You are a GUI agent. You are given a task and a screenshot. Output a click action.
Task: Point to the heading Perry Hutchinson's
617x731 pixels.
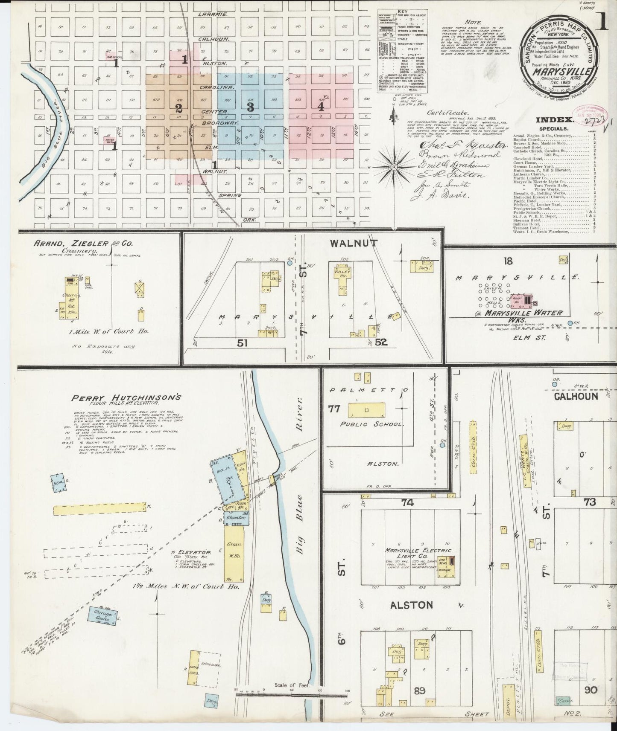126,397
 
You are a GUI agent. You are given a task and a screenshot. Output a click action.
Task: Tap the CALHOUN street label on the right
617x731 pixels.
576,396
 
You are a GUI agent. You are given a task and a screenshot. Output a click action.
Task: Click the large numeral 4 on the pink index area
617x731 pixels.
321,107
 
